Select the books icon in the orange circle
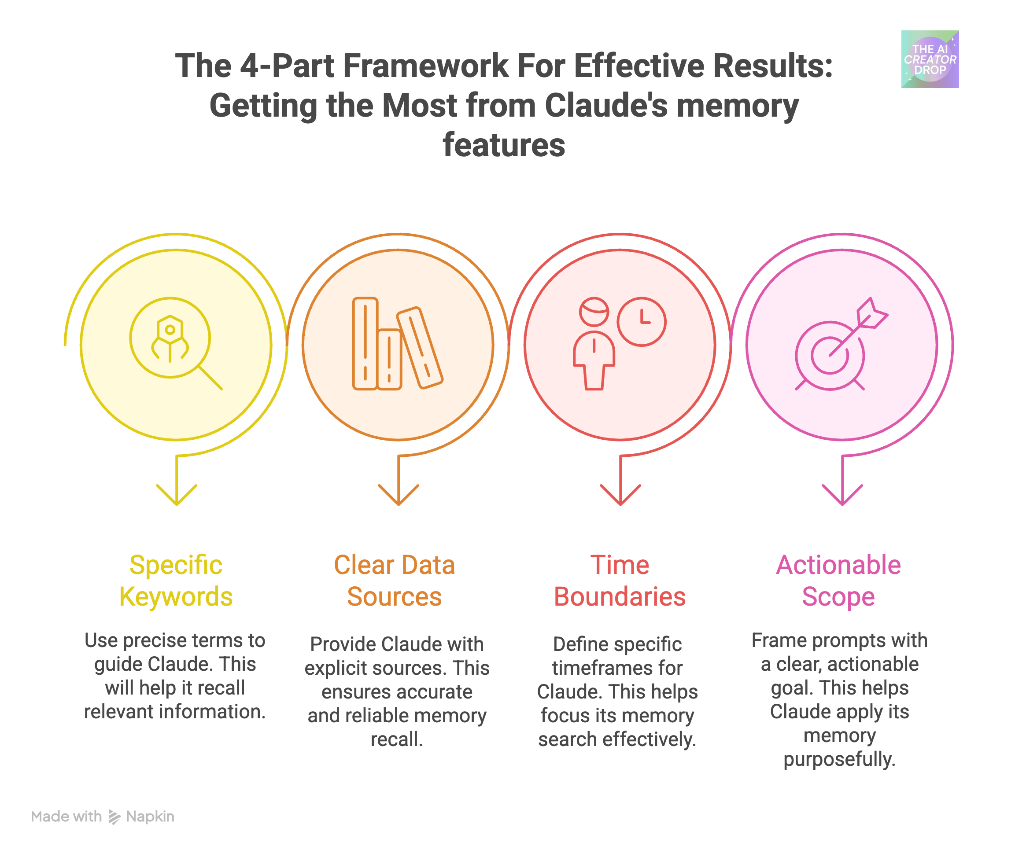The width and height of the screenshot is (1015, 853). tap(396, 344)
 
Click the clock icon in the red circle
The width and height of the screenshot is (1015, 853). tap(641, 322)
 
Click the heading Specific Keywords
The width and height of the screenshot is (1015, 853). tap(176, 580)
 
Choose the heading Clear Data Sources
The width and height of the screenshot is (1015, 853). tap(394, 580)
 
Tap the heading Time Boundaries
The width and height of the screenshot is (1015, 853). tap(619, 580)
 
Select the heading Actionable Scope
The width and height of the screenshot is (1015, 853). tap(838, 580)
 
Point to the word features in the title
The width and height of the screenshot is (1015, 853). tap(504, 145)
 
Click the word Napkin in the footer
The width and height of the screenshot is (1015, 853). tap(150, 816)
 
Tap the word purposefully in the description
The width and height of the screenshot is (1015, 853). tap(839, 759)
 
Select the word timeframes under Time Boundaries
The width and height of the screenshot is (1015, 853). tap(617, 668)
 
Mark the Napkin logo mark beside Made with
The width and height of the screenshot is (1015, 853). tap(114, 817)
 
